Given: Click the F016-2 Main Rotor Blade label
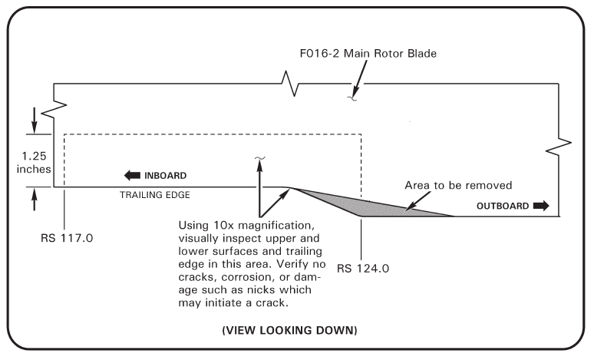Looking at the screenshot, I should click(369, 54).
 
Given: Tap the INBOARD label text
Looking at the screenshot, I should click(166, 175).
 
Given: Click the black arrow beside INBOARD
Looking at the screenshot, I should click(132, 175).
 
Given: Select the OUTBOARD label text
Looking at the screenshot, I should click(502, 206).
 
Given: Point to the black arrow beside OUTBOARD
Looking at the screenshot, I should click(541, 206).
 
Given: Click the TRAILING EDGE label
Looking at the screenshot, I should click(154, 195).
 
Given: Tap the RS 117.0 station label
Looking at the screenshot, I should click(67, 238).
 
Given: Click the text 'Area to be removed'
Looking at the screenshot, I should click(458, 186).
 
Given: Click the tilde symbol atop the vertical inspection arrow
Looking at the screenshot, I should click(259, 159).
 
